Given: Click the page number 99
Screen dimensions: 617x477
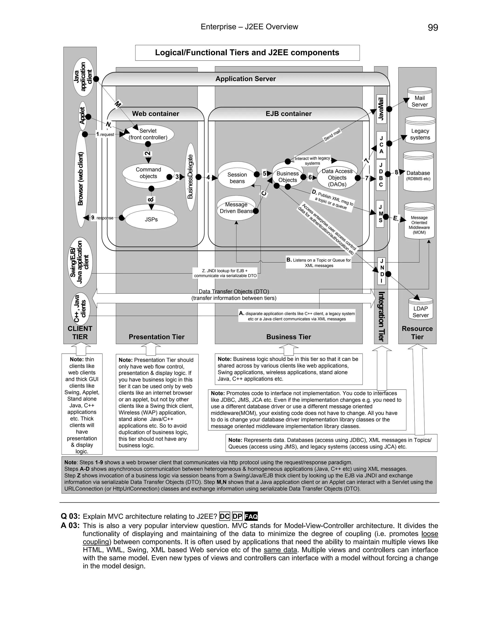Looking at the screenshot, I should click(433, 27).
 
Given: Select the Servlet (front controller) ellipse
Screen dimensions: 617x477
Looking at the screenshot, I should click(148, 134).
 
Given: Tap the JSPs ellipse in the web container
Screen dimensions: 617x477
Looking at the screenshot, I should click(151, 220).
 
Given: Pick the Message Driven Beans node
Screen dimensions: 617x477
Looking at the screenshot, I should click(236, 208).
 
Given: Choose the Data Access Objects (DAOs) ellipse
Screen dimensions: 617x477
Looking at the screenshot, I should click(337, 178).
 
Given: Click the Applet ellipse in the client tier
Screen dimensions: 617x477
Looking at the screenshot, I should click(82, 116).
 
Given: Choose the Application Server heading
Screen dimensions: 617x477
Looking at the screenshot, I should click(245, 79).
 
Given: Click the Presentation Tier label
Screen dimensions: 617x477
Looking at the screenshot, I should click(156, 337).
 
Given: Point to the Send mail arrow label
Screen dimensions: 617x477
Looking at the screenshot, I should click(332, 135).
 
